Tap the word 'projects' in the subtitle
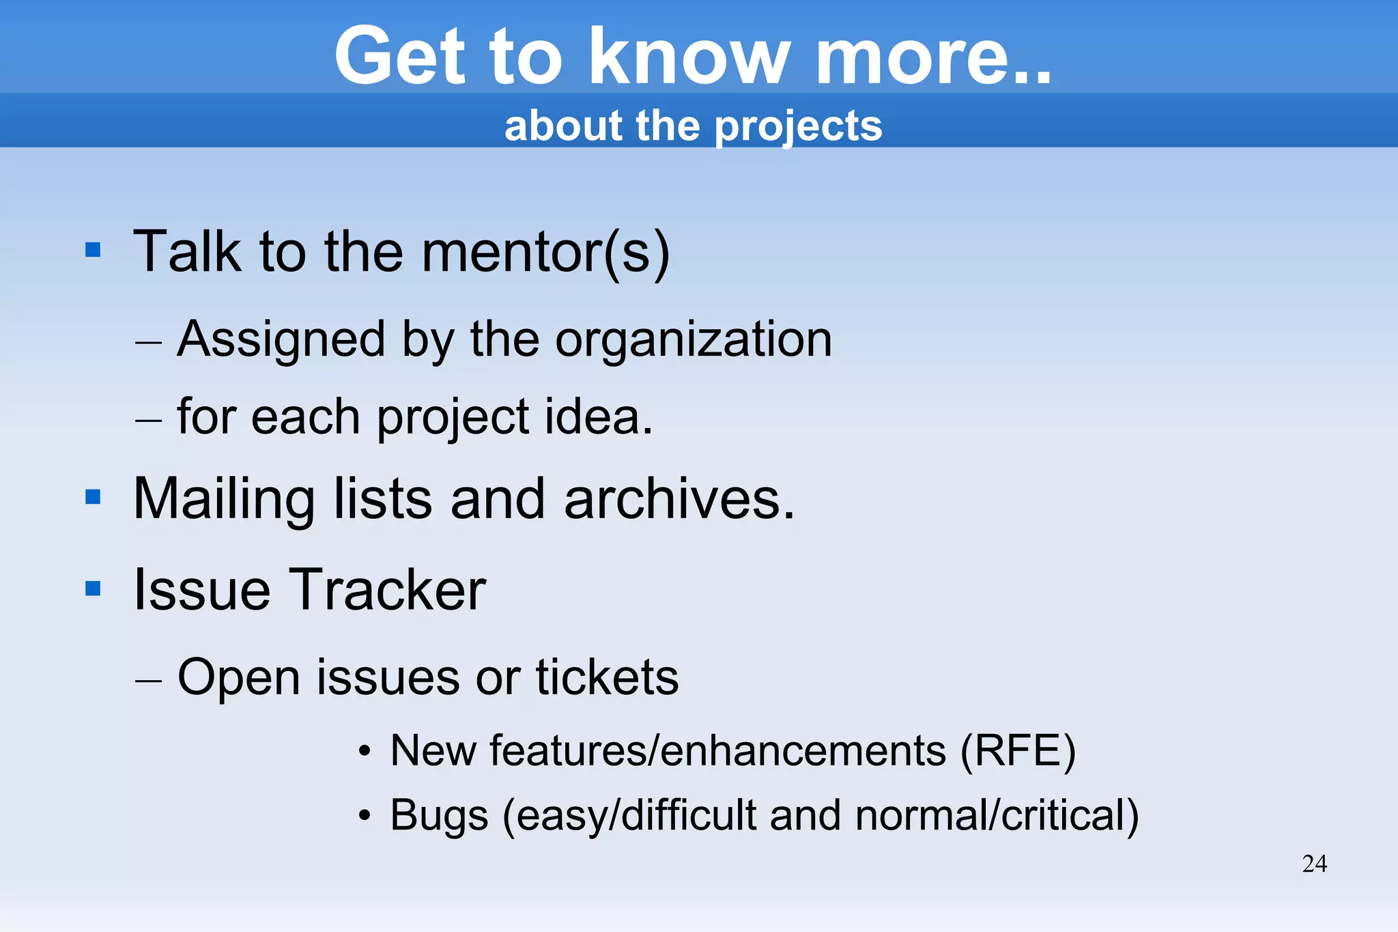[x=798, y=127]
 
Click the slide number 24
[x=1314, y=864]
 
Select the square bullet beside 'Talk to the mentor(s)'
[x=93, y=250]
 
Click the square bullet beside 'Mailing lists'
[x=93, y=497]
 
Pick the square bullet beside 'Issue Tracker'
[x=93, y=588]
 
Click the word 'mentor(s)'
[x=545, y=253]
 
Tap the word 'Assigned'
[x=281, y=339]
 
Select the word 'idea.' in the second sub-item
[x=599, y=416]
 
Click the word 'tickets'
[x=607, y=677]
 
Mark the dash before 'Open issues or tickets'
[x=148, y=680]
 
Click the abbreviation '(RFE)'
[x=1017, y=751]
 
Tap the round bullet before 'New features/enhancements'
[x=365, y=752]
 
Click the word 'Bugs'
[x=439, y=815]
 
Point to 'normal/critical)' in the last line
[x=997, y=815]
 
